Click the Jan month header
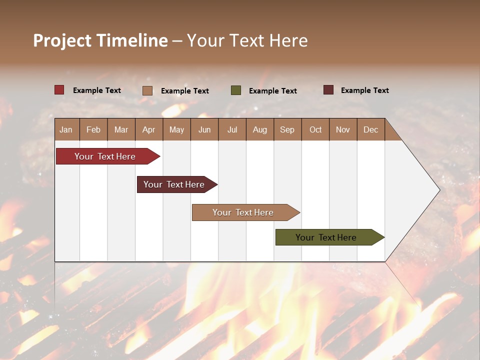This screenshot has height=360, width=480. click(x=66, y=129)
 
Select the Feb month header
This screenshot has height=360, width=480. click(x=93, y=129)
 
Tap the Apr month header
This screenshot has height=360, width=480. click(x=149, y=129)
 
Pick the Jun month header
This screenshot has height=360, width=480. click(x=204, y=129)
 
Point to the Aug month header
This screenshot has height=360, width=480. click(x=259, y=129)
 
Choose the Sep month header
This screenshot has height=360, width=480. click(x=287, y=129)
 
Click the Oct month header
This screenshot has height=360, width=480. click(x=315, y=129)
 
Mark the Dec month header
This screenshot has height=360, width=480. click(x=370, y=129)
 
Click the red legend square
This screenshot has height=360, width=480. click(x=59, y=90)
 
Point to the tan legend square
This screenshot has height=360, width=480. click(x=147, y=90)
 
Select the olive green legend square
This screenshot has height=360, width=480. click(x=236, y=90)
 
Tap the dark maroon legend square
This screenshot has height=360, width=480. click(x=328, y=90)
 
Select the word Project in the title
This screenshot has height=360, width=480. click(x=62, y=40)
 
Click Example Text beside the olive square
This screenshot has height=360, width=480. click(x=272, y=90)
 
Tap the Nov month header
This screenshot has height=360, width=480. click(x=343, y=129)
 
